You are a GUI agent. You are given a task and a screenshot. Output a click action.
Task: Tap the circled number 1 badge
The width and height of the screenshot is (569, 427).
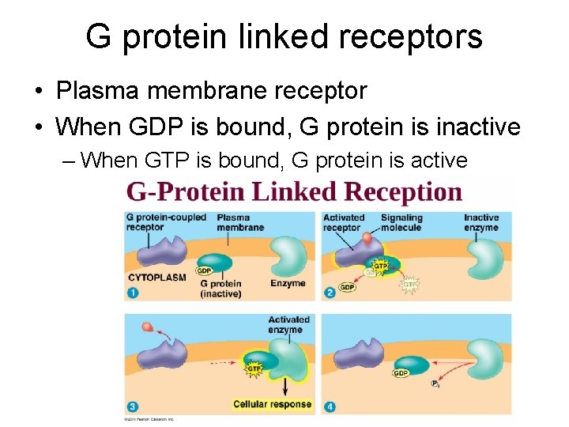[x=132, y=293]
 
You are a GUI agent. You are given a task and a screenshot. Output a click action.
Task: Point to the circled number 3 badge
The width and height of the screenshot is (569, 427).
[x=132, y=406]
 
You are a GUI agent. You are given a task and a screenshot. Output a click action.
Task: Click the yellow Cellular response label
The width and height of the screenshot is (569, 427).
[x=273, y=404]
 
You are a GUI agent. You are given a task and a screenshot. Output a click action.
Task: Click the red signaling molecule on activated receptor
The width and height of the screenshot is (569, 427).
[x=367, y=237]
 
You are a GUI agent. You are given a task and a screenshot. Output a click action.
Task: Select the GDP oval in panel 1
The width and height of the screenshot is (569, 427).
[x=204, y=270]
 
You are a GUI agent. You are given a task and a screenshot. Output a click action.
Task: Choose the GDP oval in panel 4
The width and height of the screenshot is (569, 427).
[x=401, y=372]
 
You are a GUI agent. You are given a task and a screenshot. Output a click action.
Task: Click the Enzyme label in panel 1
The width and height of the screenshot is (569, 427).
[x=288, y=282]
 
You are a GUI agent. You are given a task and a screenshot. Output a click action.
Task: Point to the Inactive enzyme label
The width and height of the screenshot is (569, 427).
[x=481, y=222]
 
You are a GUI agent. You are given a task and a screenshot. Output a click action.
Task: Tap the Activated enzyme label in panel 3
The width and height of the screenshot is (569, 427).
[x=288, y=324]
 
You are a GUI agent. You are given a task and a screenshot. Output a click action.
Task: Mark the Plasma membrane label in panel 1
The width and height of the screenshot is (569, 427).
[x=239, y=222]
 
